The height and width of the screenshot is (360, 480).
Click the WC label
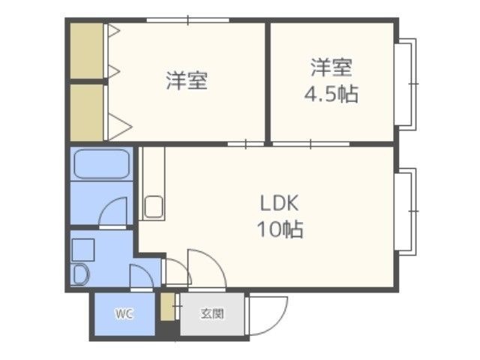pos(124,313)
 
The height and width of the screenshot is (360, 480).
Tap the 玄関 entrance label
pos(212,313)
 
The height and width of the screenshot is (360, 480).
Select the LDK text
pos(279,203)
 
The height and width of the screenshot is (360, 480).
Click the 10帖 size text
pos(280,229)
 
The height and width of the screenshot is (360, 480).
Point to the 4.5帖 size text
pos(331,93)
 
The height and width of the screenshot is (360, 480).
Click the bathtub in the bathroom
pos(102,163)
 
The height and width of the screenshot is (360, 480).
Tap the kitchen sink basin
pos(154,207)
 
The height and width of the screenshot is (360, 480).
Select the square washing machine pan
pos(83,250)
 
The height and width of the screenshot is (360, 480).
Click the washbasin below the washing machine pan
pos(81,274)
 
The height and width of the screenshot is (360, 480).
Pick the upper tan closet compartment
pos(87,51)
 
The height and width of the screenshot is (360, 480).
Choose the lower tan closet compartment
pos(87,112)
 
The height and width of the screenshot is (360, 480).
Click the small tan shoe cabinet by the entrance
pos(167,307)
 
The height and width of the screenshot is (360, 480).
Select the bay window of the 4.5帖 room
pos(406,84)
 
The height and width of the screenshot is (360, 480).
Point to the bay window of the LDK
pos(406,211)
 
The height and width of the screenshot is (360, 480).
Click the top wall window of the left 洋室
pos(188,20)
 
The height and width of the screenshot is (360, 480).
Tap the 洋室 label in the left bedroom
pos(187,81)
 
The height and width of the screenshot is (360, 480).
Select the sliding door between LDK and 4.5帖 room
pos(311,144)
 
